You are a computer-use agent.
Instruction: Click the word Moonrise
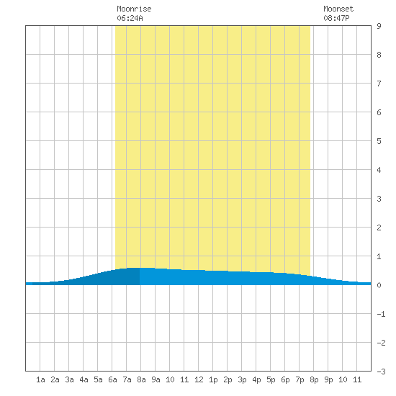pyautogui.click(x=134, y=9)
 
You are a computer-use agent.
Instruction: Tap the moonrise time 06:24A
pyautogui.click(x=130, y=18)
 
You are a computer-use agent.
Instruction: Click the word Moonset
pyautogui.click(x=338, y=9)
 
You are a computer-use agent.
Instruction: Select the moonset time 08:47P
pyautogui.click(x=336, y=18)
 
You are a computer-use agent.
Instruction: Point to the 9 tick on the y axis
pyautogui.click(x=379, y=26)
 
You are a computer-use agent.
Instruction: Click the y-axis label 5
pyautogui.click(x=379, y=141)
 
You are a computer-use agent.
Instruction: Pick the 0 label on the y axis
pyautogui.click(x=379, y=285)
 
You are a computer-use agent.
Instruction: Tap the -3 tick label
pyautogui.click(x=381, y=372)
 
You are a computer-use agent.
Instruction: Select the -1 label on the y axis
pyautogui.click(x=381, y=314)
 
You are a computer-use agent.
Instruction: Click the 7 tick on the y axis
pyautogui.click(x=379, y=84)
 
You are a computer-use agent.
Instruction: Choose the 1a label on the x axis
pyautogui.click(x=40, y=379)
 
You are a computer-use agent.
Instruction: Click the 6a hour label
pyautogui.click(x=112, y=379)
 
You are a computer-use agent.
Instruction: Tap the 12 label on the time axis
pyautogui.click(x=199, y=379)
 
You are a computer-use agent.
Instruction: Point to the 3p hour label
pyautogui.click(x=242, y=379)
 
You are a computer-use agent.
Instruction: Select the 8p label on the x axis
pyautogui.click(x=314, y=379)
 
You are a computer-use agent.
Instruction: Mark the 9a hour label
pyautogui.click(x=156, y=379)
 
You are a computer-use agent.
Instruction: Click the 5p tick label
pyautogui.click(x=271, y=379)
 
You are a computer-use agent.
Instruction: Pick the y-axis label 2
pyautogui.click(x=379, y=228)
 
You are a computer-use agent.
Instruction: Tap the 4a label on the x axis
pyautogui.click(x=84, y=379)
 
